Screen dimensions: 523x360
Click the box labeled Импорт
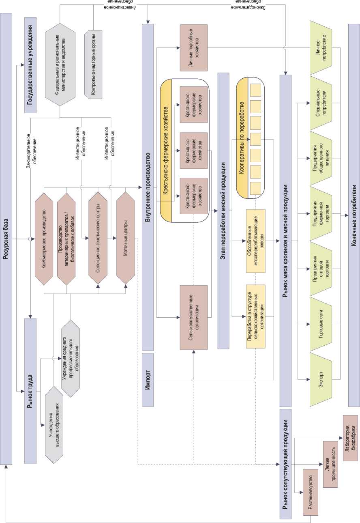(148, 379)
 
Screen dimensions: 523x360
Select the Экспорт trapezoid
(321, 379)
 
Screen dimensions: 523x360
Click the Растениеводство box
(311, 491)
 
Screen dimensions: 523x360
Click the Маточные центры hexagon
(125, 239)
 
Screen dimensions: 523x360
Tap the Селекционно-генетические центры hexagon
(98, 239)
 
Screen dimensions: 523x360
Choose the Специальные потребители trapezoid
(321, 101)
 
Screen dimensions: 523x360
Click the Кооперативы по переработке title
(242, 138)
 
